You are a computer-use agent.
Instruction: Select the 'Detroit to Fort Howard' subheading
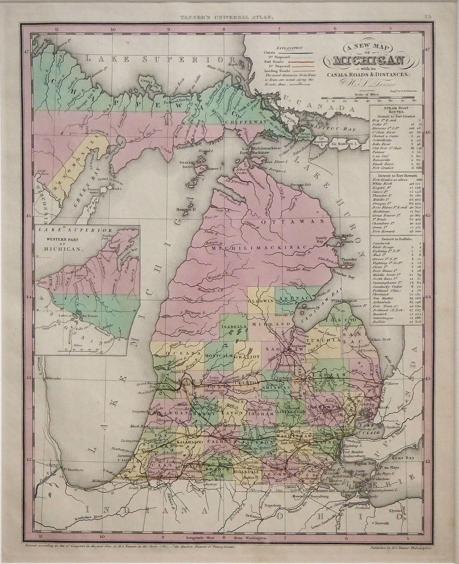pos(396,175)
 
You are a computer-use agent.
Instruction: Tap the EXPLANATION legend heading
pos(291,48)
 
